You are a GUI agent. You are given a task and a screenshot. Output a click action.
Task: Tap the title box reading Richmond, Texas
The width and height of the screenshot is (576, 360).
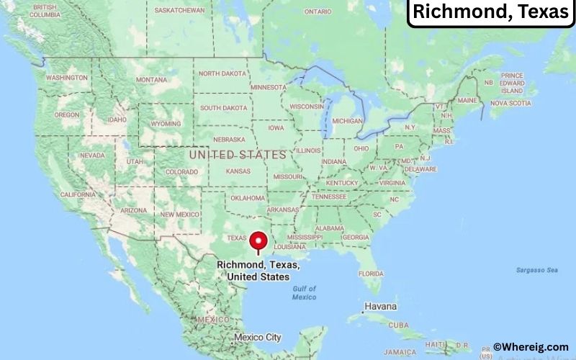(491, 12)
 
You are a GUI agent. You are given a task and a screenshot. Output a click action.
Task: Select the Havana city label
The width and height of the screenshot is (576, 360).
(380, 306)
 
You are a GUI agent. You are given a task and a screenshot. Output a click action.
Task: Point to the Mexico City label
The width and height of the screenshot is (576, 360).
(258, 337)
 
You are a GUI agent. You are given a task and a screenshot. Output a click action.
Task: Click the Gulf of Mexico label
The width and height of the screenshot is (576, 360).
(305, 293)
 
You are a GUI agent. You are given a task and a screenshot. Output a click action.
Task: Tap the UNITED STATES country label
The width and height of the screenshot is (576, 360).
(238, 155)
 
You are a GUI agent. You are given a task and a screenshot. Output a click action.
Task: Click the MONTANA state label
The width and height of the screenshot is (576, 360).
(151, 79)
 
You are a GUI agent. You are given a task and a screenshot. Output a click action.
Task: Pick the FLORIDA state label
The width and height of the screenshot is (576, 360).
(371, 274)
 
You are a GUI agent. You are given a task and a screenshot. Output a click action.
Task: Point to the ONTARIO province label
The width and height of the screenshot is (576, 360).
(318, 12)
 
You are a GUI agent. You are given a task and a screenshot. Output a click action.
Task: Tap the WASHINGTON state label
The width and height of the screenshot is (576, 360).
(67, 77)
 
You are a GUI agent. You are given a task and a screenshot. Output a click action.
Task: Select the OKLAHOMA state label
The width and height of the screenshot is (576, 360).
(248, 198)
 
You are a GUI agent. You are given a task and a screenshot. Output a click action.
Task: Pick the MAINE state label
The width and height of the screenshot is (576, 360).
(467, 100)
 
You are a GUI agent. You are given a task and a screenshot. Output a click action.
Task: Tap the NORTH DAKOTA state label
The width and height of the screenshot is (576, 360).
(222, 73)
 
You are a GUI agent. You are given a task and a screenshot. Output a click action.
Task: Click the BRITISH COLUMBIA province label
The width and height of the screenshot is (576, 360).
(45, 11)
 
